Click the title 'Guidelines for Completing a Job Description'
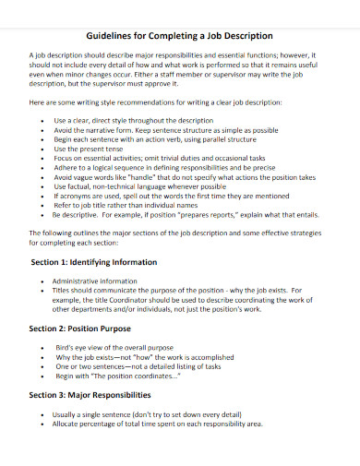tap(180, 37)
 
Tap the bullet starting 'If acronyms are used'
tap(167, 196)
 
